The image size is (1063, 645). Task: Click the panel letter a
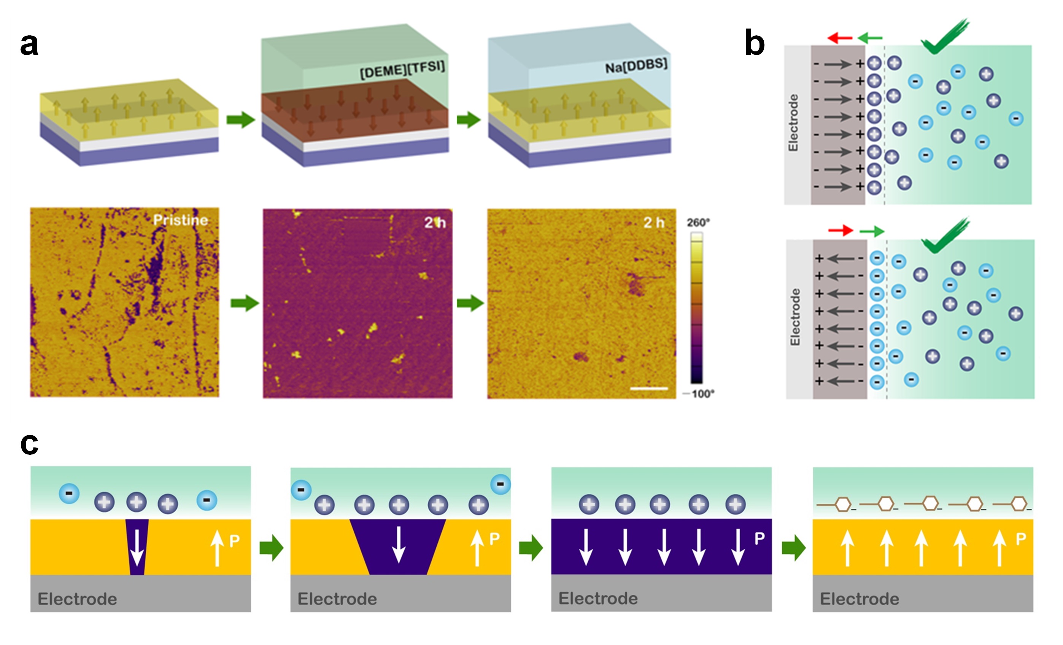(x=29, y=45)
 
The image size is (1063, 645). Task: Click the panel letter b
(x=755, y=43)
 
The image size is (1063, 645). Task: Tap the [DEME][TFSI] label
(x=402, y=70)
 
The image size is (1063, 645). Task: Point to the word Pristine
(x=181, y=220)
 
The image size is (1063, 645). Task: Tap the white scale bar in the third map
(x=649, y=389)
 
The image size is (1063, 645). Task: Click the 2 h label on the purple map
(x=435, y=222)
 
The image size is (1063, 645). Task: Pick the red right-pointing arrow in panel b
(x=841, y=231)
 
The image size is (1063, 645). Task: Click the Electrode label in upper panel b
(x=793, y=123)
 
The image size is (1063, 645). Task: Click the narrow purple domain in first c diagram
(x=137, y=547)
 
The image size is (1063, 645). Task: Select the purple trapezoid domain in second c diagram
(x=398, y=547)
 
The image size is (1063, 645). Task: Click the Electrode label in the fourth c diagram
(x=860, y=599)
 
